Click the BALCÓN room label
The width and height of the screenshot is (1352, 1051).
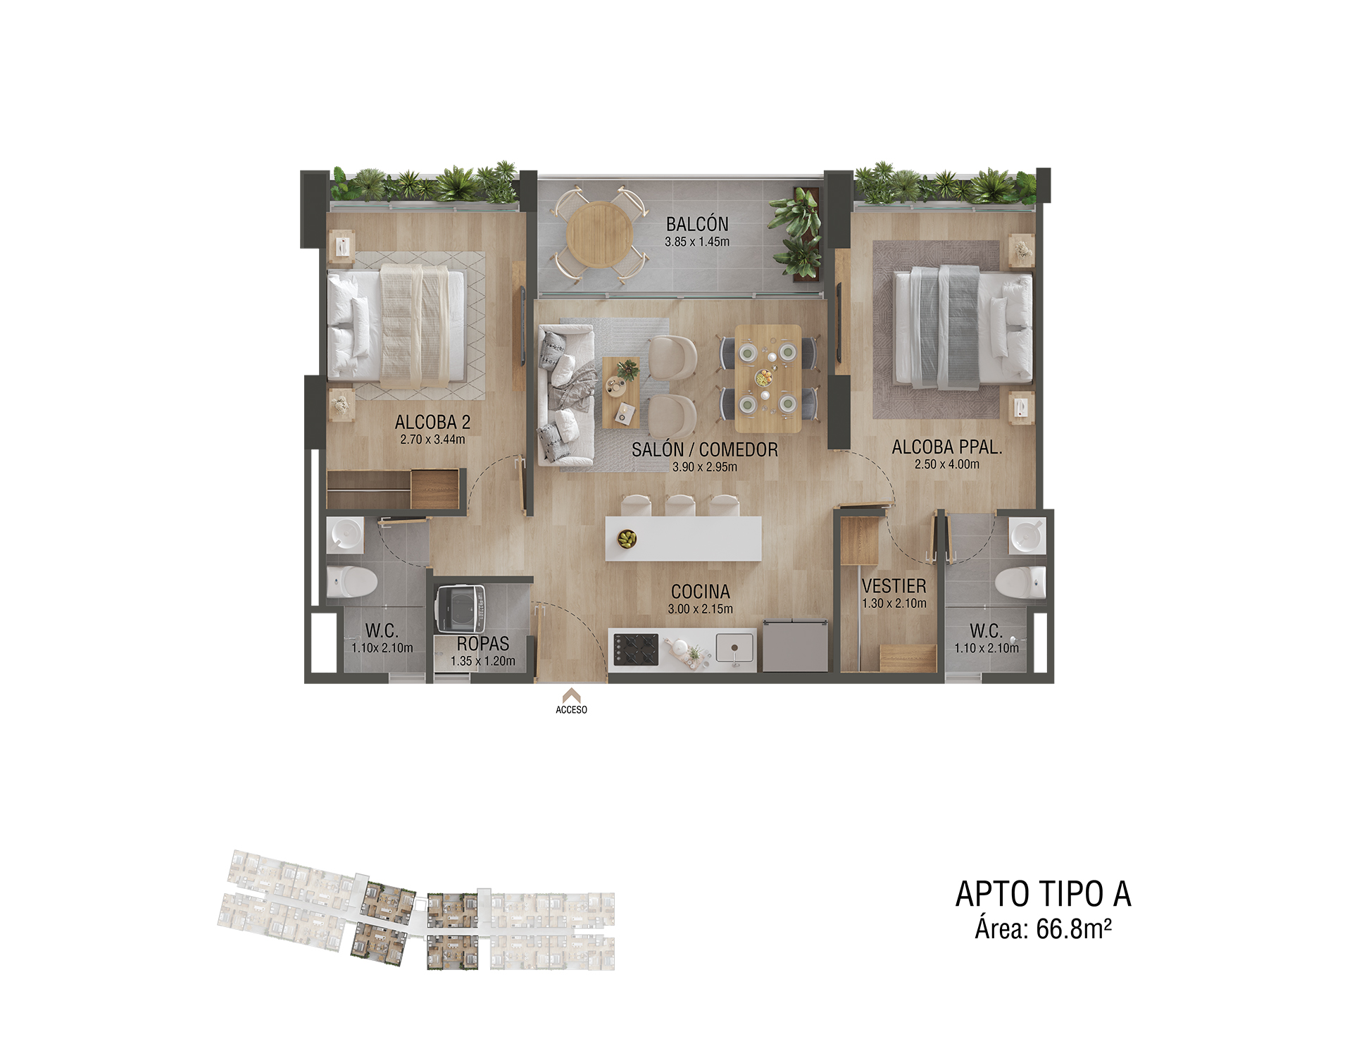(697, 224)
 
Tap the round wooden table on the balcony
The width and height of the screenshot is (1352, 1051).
(599, 235)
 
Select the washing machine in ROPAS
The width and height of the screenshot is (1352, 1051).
(461, 609)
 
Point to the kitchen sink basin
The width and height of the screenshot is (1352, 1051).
(734, 648)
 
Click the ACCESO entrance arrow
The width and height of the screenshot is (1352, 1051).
(571, 695)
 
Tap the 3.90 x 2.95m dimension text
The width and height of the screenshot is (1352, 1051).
(704, 467)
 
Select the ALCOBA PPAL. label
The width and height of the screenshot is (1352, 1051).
(947, 447)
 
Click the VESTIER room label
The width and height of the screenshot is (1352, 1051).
(894, 586)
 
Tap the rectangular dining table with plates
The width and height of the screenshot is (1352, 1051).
(768, 378)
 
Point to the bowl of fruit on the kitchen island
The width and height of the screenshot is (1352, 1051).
(627, 539)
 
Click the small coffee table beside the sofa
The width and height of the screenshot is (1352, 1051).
(622, 392)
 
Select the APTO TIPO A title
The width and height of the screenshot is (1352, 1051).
(1043, 895)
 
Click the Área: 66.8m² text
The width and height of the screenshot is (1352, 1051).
(1043, 929)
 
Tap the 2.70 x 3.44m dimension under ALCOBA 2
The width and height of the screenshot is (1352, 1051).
(432, 440)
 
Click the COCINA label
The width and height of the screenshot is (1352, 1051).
(700, 592)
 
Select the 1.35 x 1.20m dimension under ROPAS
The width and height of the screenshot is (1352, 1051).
(483, 661)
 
